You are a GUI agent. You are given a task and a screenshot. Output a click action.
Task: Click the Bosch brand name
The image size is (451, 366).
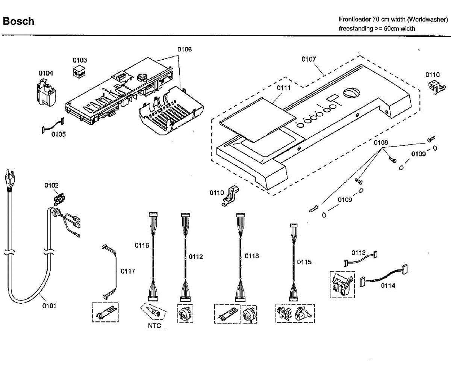pyautogui.click(x=18, y=21)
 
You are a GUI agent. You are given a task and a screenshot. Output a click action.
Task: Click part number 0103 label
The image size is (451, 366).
pyautogui.click(x=80, y=60)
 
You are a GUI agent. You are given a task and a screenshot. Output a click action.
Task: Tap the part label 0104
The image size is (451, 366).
pyautogui.click(x=46, y=73)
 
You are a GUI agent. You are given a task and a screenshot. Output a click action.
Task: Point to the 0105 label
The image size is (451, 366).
pyautogui.click(x=59, y=134)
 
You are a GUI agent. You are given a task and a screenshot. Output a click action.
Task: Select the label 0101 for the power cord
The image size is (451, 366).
pyautogui.click(x=49, y=306)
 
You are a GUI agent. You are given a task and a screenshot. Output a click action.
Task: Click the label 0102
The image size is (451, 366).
pyautogui.click(x=51, y=185)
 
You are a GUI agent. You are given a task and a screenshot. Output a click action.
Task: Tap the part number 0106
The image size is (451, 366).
pyautogui.click(x=185, y=49)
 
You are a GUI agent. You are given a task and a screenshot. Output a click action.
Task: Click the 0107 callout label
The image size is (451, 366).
pyautogui.click(x=309, y=59)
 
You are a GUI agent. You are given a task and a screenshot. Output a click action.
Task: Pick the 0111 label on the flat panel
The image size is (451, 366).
pyautogui.click(x=284, y=88)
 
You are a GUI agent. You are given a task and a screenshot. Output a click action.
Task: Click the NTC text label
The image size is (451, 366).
pyautogui.click(x=154, y=326)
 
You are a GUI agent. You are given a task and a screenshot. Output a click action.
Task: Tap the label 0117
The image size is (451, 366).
pyautogui.click(x=128, y=271)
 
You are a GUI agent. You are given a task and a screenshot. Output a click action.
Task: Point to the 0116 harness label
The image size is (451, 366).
pyautogui.click(x=142, y=245)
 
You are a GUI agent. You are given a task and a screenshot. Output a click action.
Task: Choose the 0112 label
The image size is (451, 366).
pyautogui.click(x=196, y=257)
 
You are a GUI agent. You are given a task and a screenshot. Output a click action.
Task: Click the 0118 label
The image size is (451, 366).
pyautogui.click(x=252, y=256)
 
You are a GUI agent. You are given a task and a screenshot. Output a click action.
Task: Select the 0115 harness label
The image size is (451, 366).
pyautogui.click(x=304, y=262)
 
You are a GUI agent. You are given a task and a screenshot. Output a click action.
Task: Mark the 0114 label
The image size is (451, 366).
pyautogui.click(x=388, y=286)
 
